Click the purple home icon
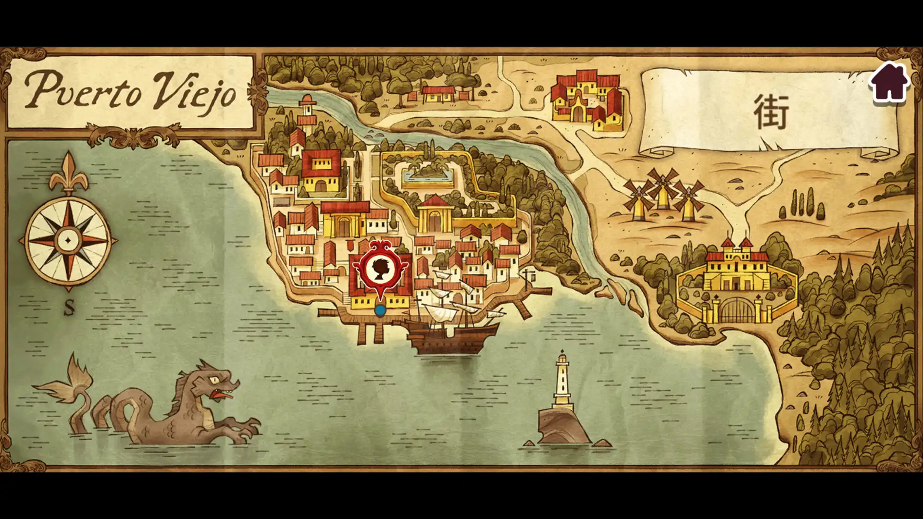coord(889,82)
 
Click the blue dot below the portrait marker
coord(380,311)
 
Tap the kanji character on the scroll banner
coord(771,112)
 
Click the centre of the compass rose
coord(68,240)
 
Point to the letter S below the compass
coord(70,307)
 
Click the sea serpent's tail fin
coord(67,380)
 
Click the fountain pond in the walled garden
coord(428,173)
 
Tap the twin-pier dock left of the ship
coord(369,329)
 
